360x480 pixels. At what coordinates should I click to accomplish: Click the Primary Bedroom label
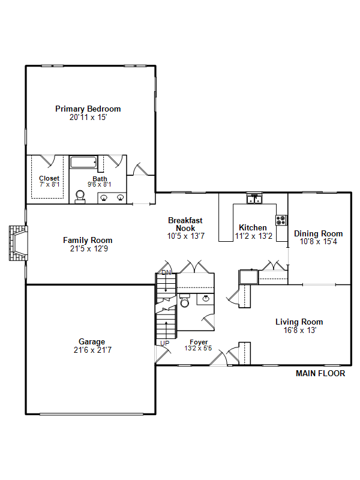point(88,109)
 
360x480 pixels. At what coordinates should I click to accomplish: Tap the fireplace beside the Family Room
point(19,244)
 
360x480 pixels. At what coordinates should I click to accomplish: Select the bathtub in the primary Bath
point(83,162)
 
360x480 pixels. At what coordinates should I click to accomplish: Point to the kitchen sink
point(254,199)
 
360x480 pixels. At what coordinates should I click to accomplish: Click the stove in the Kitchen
point(281,220)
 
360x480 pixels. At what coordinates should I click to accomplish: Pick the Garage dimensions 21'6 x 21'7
point(92,350)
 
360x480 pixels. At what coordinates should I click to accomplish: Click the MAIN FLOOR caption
point(320,373)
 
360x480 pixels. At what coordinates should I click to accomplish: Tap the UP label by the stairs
point(164,343)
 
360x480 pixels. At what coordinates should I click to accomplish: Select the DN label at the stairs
point(166,272)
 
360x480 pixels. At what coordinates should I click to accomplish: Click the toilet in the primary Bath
point(80,197)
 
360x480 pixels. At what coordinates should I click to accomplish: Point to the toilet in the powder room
point(185,301)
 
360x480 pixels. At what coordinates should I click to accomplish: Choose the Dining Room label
point(319,233)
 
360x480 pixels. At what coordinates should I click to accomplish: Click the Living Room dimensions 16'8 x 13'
point(299,331)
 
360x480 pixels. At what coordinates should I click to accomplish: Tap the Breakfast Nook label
point(185,224)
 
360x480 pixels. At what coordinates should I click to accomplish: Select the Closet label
point(49,178)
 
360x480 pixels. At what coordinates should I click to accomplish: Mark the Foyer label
point(199,342)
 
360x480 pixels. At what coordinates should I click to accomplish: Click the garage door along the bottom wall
point(92,414)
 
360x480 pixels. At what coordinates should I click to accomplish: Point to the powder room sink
point(206,298)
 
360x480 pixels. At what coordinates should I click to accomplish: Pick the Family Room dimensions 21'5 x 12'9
point(89,248)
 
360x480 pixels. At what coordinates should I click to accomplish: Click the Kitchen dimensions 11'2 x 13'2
point(253,236)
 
